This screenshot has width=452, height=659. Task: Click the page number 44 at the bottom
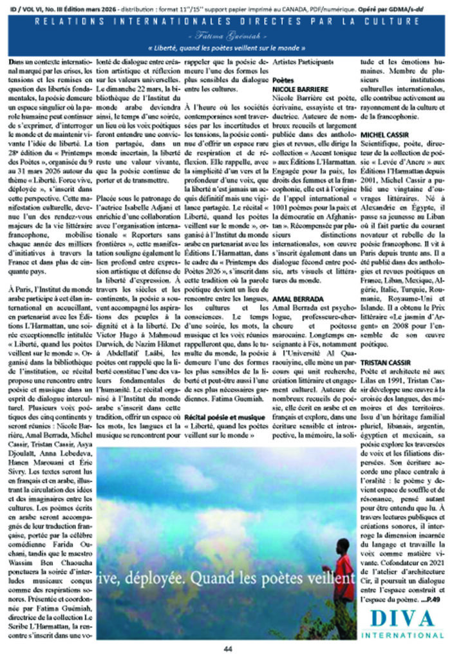(x=226, y=649)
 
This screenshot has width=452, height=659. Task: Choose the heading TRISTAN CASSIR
(x=388, y=364)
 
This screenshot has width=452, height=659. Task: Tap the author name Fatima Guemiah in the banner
(x=225, y=36)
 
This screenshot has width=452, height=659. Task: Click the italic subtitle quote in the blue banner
(x=225, y=48)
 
